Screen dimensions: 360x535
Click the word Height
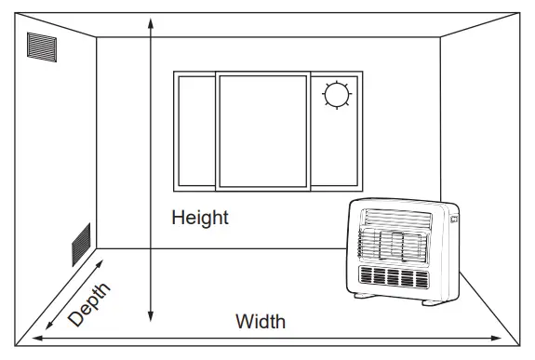pos(199,219)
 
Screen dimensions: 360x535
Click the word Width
pos(260,323)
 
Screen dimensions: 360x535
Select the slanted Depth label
pos(89,304)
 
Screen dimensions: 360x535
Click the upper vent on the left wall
pos(42,47)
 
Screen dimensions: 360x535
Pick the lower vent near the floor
pos(81,244)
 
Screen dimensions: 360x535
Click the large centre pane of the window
pos(262,129)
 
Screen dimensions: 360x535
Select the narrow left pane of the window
pos(195,130)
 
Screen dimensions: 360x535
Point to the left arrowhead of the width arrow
pos(36,340)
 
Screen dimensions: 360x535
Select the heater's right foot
pos(435,301)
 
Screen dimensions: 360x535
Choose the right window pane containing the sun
pos(335,130)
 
